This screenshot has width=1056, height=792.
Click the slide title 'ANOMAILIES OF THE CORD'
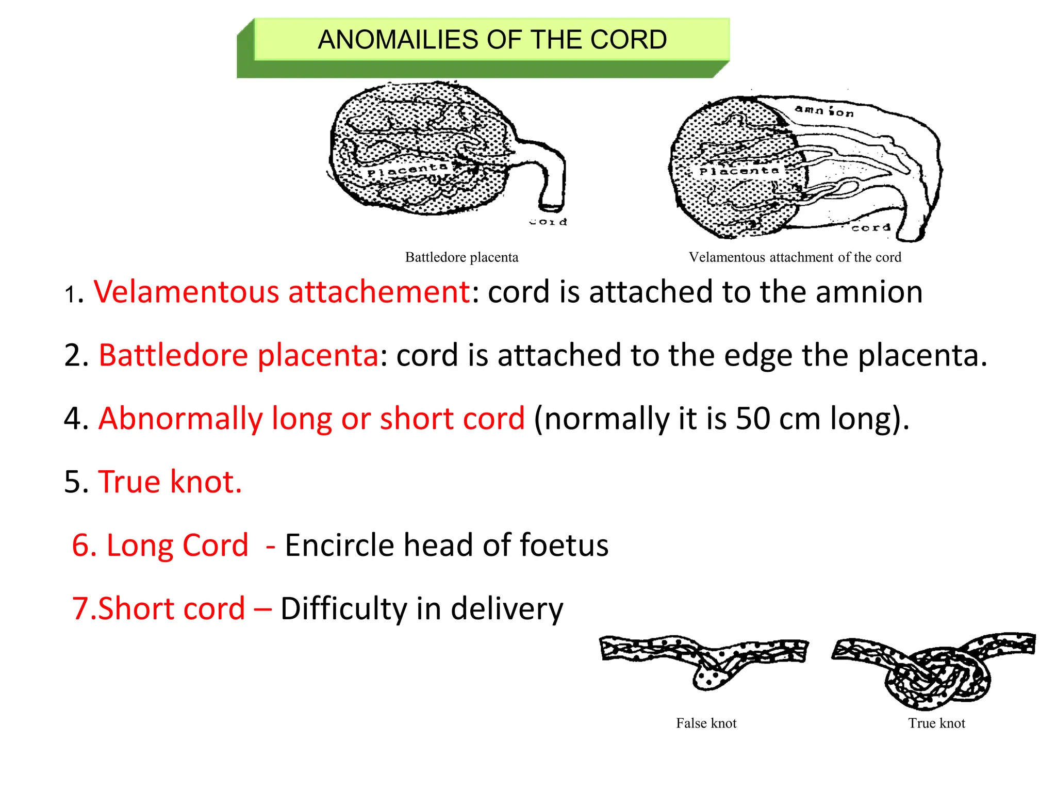point(492,40)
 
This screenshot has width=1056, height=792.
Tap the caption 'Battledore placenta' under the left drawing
point(461,257)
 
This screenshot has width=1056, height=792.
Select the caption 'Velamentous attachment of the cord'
point(795,257)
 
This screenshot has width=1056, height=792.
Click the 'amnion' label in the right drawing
point(824,111)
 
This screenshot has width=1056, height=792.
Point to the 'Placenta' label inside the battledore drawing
point(407,170)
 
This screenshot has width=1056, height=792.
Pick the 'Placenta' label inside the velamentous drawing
point(739,171)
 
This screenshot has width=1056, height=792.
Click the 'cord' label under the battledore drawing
point(549,222)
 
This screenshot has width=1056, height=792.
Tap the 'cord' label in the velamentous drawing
point(871,227)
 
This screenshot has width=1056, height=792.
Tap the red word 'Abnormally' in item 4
point(180,418)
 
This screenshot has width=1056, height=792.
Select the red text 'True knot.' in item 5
point(170,482)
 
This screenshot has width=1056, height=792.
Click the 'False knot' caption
point(706,723)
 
